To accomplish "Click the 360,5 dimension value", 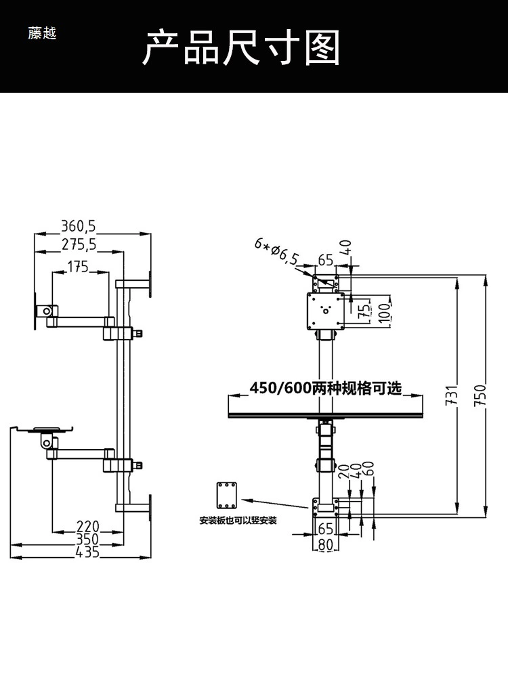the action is pos(78,226).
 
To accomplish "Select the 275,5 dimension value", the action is pos(79,244).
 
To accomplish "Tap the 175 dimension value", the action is pos(78,266).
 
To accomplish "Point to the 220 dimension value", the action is pos(87,526).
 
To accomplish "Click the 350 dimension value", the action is pos(87,539).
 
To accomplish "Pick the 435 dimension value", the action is pos(87,551).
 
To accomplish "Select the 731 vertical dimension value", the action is pos(451,395).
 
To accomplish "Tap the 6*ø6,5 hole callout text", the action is pos(276,252).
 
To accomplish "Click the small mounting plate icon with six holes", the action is pos(227,496).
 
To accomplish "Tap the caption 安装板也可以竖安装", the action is pos(238,520).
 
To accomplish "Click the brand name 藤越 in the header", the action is pos(42,33).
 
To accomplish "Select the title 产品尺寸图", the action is pos(241,47).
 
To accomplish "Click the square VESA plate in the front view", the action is pos(326,311).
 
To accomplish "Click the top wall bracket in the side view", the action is pos(133,284).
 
